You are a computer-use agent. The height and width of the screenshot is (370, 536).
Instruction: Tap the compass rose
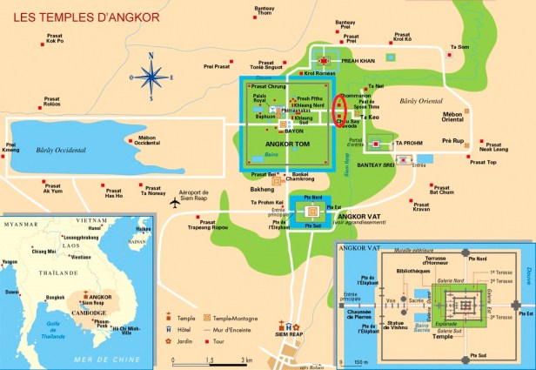point(153,77)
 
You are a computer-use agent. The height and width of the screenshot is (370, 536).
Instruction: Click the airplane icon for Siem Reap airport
point(175,203)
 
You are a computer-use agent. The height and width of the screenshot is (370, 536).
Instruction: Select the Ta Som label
point(458,47)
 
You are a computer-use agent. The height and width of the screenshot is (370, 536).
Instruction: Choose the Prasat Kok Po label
point(55,38)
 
